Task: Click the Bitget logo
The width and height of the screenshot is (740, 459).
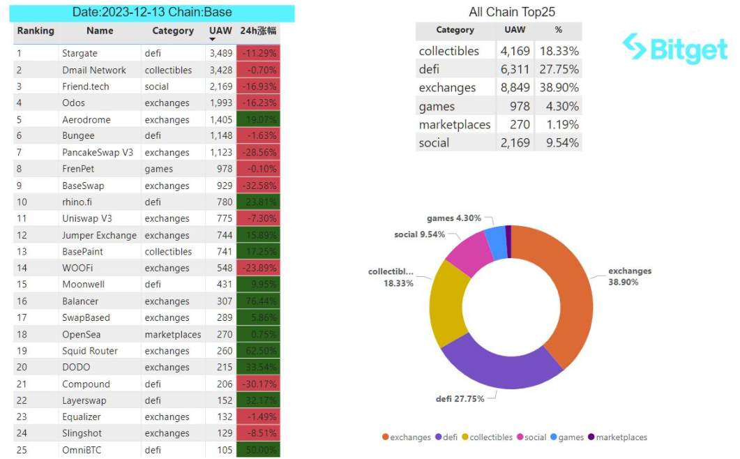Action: coord(674,49)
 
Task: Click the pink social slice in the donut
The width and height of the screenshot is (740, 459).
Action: coord(469,249)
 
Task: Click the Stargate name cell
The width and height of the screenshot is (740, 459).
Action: coord(80,54)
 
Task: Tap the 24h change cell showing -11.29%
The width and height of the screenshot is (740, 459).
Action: coord(257,54)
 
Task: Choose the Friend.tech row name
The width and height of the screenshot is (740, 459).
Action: coord(85,86)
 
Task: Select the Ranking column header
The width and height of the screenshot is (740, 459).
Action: coord(36,31)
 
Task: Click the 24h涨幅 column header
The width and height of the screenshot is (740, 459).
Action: coord(258,31)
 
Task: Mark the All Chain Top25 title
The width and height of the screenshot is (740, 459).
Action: coord(512,12)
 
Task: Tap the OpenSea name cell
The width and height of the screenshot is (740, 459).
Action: coord(81,334)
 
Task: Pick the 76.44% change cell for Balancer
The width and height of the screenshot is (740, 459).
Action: coord(257,301)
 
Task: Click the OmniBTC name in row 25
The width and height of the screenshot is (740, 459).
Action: coord(82,450)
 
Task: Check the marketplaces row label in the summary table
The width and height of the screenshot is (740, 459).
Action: coord(455,125)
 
